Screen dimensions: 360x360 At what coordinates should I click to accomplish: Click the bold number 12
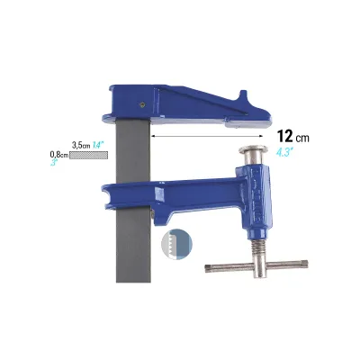click(284, 136)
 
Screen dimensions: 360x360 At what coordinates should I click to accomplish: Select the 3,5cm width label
click(81, 146)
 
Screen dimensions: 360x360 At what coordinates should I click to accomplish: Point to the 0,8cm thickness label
click(59, 155)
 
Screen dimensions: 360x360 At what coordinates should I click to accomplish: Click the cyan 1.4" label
click(97, 146)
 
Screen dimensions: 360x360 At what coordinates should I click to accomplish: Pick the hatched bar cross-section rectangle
click(88, 155)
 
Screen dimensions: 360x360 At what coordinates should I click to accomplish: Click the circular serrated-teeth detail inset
click(176, 244)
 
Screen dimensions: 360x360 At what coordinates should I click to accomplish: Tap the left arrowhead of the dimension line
click(154, 136)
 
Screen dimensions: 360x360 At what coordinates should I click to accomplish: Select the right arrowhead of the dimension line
click(260, 136)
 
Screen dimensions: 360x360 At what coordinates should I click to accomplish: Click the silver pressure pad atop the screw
click(253, 150)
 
